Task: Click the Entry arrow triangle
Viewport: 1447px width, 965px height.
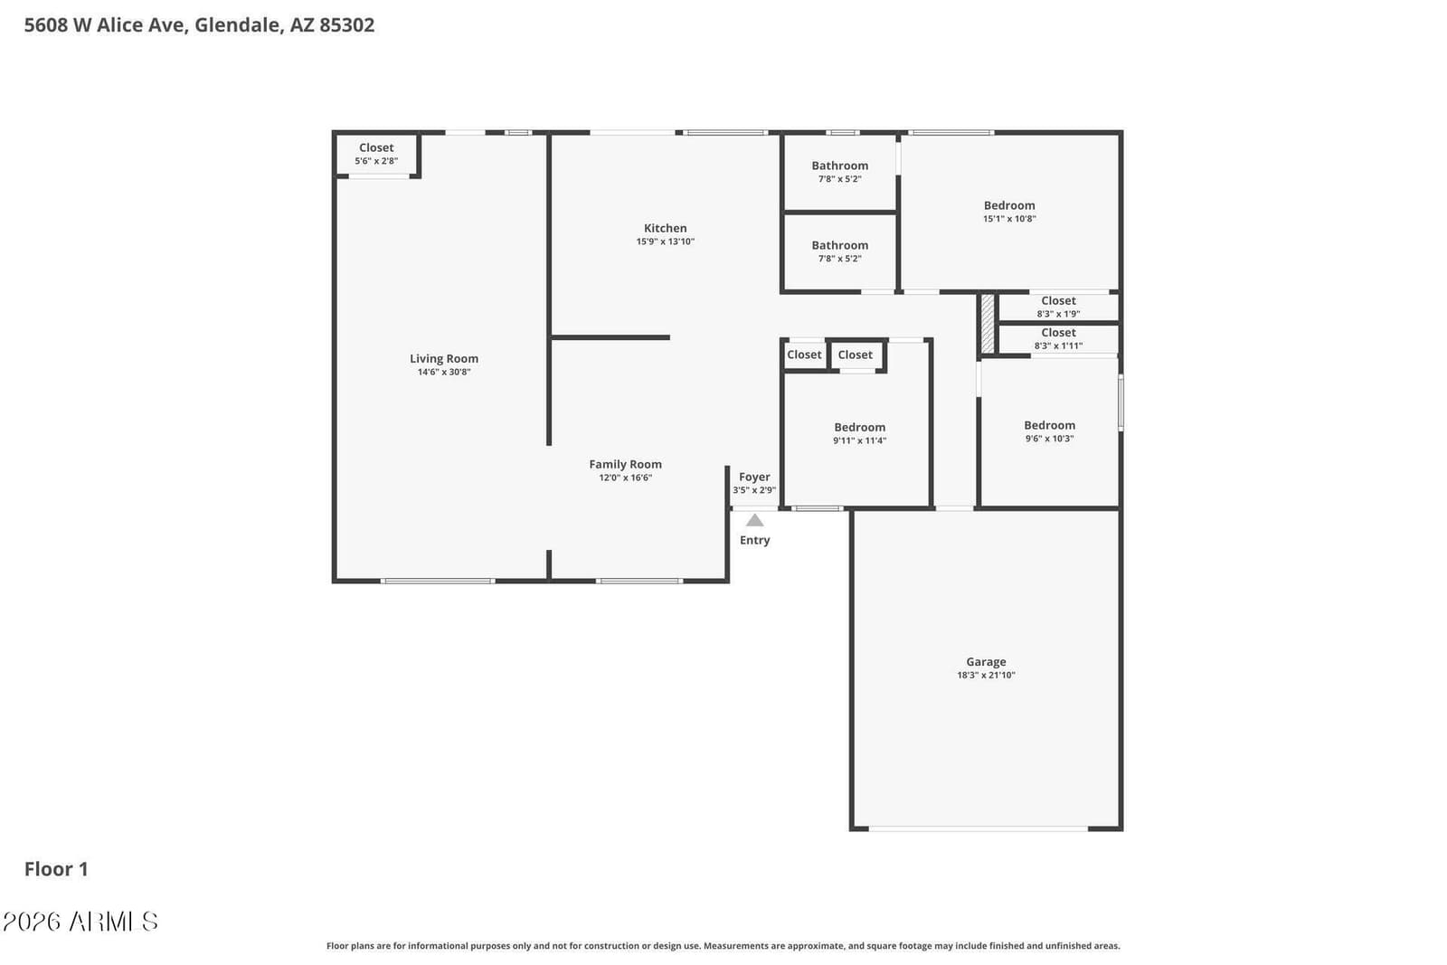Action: click(754, 521)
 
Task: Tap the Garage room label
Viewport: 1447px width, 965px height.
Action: click(986, 662)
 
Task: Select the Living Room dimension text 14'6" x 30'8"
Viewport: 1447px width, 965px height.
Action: click(444, 372)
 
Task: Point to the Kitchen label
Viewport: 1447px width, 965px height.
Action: click(666, 228)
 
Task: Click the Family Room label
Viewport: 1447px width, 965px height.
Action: click(625, 465)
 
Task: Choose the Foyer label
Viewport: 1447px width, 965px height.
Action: click(754, 477)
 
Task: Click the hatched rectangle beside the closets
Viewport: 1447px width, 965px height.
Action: click(988, 325)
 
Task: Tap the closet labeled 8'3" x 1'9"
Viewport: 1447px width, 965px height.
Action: click(1058, 307)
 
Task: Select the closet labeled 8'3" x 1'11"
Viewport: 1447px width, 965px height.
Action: click(1058, 339)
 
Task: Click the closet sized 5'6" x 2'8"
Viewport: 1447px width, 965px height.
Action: click(376, 155)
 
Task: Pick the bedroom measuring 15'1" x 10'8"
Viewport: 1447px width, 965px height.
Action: click(1009, 212)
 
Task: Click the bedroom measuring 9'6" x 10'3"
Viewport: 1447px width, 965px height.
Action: click(1050, 431)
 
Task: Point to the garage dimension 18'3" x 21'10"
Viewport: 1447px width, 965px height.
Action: click(986, 676)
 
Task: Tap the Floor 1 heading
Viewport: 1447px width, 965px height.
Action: click(56, 869)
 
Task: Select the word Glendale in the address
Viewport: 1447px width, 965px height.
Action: click(239, 25)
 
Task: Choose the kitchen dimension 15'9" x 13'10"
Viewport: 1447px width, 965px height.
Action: click(666, 241)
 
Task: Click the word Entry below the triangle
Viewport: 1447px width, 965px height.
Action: click(754, 541)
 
